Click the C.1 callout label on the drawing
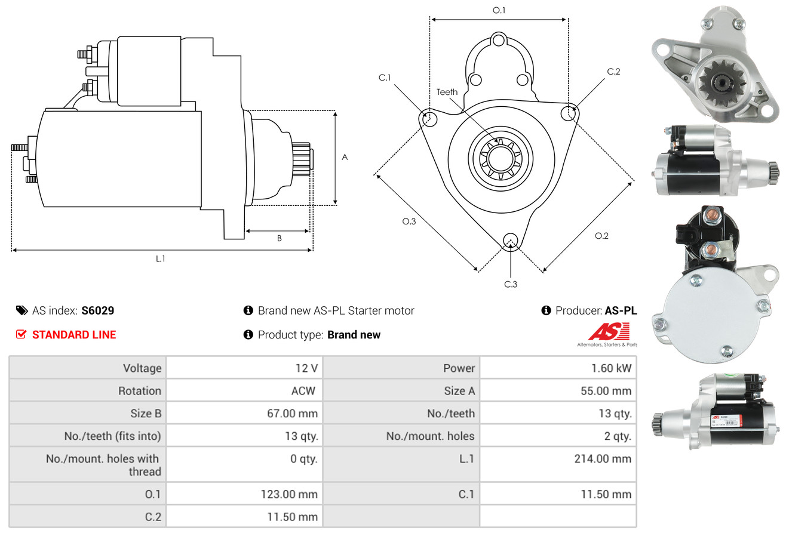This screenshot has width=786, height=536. tap(384, 77)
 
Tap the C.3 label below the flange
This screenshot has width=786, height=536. tap(510, 284)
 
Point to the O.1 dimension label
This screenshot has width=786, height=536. tap(499, 10)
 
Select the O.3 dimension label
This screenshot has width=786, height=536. tap(409, 221)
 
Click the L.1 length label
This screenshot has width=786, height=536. tap(160, 258)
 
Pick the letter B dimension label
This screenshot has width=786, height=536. tap(279, 238)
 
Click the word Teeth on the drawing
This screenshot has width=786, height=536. tap(447, 92)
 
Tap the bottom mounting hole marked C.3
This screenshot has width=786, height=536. tap(510, 241)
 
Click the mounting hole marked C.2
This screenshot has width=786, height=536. tap(569, 112)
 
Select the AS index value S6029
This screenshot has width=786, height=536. tap(97, 310)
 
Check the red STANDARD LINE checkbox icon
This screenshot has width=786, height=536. tap(21, 334)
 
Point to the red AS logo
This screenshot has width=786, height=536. tap(609, 332)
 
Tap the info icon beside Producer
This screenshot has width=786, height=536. tap(545, 310)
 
